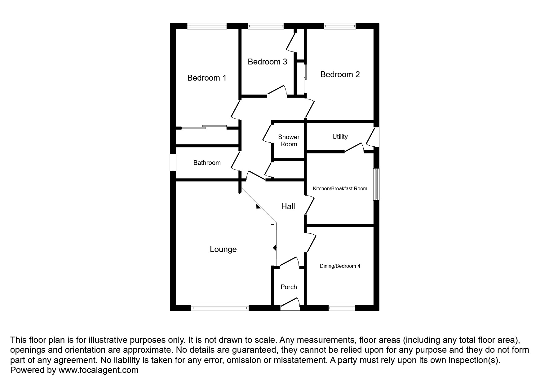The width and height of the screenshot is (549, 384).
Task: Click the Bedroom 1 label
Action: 207,77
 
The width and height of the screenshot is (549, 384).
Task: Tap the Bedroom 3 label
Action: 268,62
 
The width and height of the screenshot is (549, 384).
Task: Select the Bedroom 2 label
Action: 340,74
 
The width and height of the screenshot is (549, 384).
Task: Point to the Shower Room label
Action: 289,140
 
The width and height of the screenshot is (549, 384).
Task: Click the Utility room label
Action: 340,137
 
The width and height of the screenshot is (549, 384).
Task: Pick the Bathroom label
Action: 207,163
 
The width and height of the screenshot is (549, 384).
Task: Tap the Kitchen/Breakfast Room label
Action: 340,188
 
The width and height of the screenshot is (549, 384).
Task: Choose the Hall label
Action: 288,206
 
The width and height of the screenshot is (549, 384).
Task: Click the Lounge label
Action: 223,249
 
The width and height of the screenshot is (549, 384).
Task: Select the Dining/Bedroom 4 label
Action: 340,266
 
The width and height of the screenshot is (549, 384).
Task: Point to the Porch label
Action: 289,287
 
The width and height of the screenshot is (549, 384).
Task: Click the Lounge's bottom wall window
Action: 219,308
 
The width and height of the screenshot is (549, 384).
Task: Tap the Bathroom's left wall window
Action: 173,163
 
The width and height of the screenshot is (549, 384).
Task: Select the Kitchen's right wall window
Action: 376,184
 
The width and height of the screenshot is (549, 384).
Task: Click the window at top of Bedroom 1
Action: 207,26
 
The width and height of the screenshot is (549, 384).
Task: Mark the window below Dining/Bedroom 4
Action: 342,308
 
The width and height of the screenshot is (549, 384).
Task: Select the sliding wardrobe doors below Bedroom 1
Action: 204,127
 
